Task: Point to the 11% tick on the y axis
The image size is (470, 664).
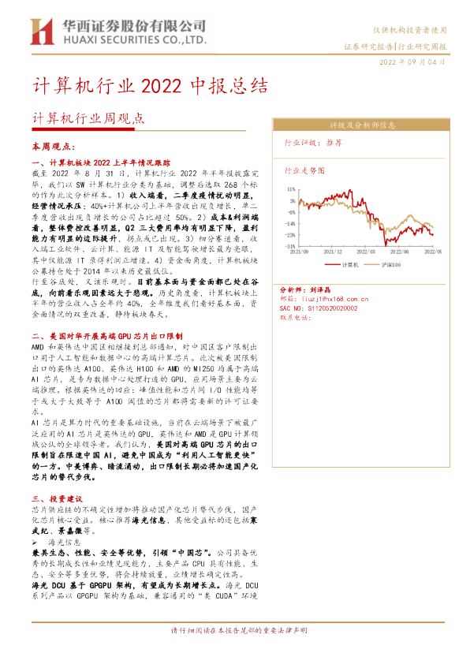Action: pyautogui.click(x=291, y=189)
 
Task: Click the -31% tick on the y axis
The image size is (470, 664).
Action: pyautogui.click(x=291, y=245)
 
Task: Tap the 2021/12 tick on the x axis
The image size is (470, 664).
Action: pyautogui.click(x=335, y=252)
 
